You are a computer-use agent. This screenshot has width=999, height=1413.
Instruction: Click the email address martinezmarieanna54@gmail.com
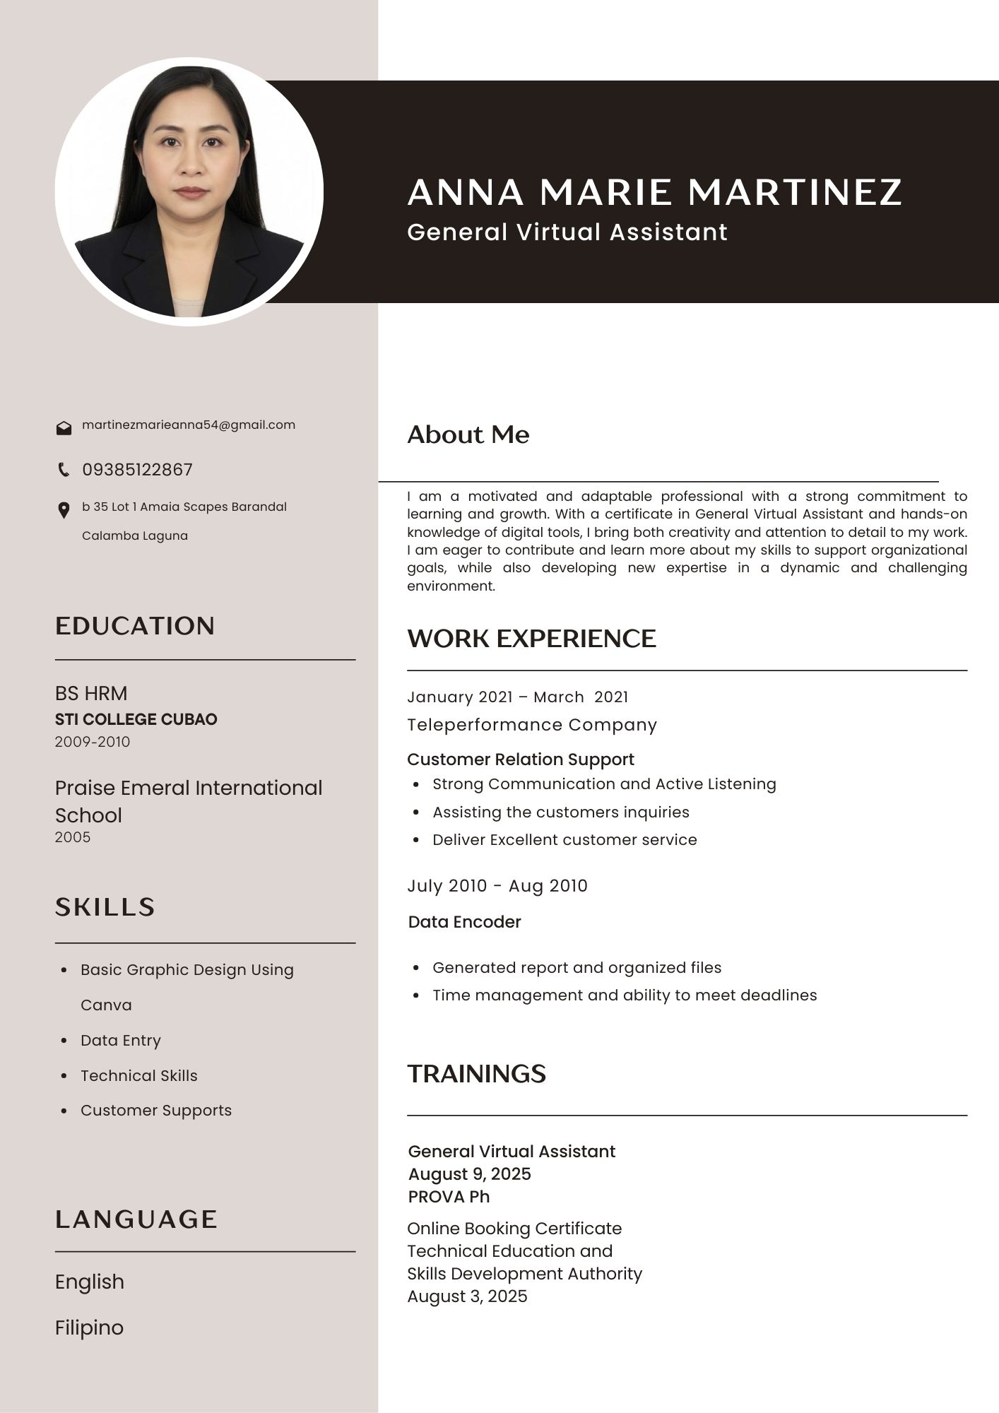coord(189,425)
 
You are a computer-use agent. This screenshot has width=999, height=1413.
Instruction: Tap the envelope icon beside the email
coord(64,428)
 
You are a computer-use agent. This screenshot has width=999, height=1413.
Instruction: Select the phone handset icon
coord(64,469)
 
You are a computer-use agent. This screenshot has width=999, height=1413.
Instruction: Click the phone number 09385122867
coord(137,470)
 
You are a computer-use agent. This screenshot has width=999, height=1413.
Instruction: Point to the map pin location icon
coord(64,510)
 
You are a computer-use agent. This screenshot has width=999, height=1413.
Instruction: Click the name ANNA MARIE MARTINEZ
coord(654,192)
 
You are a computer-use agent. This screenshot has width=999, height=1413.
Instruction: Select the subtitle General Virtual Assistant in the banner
coord(567,232)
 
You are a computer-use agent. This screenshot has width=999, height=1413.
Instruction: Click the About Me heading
coord(468,434)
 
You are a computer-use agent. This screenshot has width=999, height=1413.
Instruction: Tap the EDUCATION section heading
coord(135,626)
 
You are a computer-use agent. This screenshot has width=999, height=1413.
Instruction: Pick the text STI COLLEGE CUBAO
coord(136,719)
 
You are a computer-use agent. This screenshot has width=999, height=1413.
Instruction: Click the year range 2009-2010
coord(93,742)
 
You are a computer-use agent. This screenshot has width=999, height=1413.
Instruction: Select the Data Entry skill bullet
coord(121,1040)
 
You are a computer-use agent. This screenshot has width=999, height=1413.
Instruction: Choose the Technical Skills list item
coord(139,1075)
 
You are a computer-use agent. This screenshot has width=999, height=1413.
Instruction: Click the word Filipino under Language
coord(89,1328)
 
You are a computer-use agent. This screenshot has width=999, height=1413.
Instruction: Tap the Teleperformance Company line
coord(532,725)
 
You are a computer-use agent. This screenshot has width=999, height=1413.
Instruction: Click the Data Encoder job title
coord(464,922)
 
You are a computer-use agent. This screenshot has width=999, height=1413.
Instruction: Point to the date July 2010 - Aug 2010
coord(497,886)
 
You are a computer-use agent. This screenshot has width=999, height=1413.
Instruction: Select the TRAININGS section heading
coord(476,1074)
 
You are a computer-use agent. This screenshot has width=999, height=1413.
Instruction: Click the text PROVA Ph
coord(449,1197)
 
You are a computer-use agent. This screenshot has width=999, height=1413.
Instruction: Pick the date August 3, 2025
coord(467,1296)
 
